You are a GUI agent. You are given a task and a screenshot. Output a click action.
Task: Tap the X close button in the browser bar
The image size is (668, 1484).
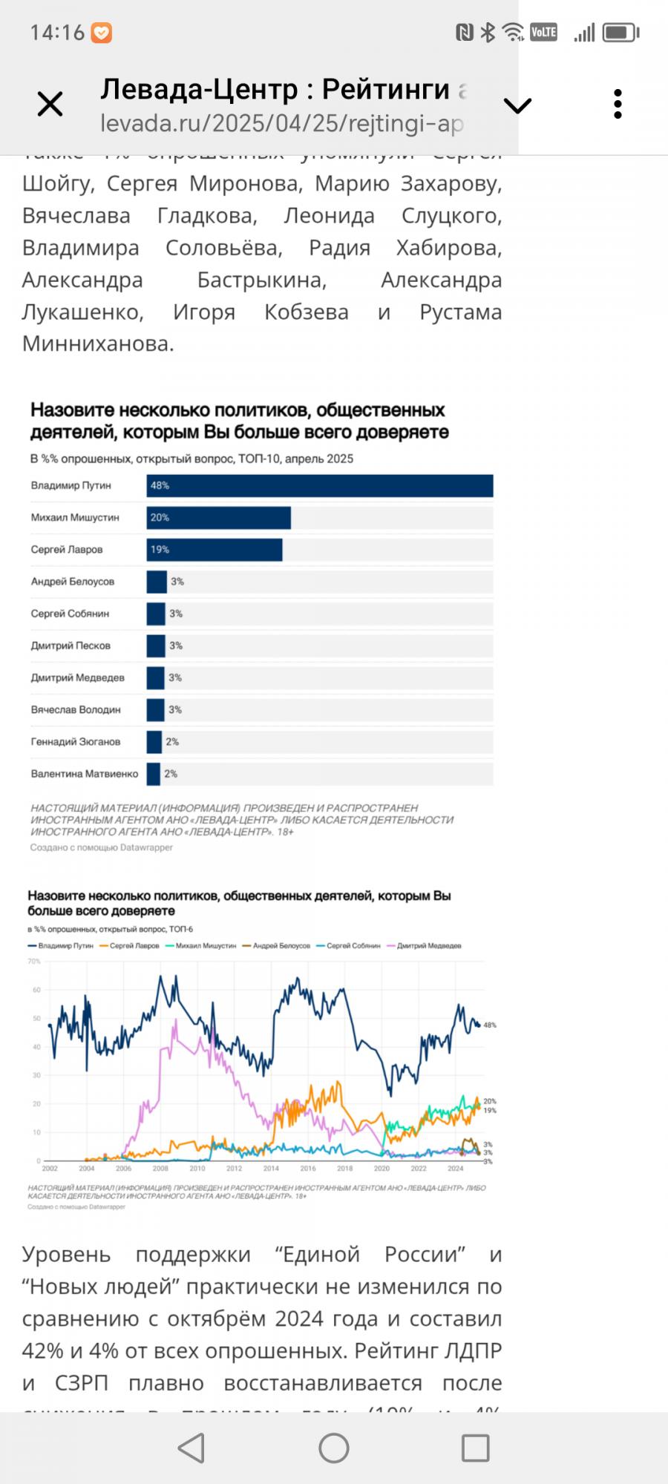[x=50, y=104]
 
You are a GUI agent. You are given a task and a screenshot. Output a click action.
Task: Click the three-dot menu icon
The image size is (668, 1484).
[x=618, y=105]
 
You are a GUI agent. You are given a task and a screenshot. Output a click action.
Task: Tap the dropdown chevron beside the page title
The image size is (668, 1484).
[x=517, y=105]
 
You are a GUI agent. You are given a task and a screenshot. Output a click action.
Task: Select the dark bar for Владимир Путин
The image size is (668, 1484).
[x=319, y=485]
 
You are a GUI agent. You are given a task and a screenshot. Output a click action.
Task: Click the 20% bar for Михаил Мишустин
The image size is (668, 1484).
[x=218, y=517]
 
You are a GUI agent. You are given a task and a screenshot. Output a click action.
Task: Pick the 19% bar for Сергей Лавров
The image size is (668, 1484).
[x=214, y=549]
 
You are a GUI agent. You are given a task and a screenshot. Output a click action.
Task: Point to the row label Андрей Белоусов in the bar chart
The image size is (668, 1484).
[x=73, y=582]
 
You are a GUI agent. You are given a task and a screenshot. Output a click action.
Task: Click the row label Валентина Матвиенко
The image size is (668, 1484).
[x=85, y=774]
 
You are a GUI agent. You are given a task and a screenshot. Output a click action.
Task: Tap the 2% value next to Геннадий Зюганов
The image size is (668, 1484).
[x=172, y=742]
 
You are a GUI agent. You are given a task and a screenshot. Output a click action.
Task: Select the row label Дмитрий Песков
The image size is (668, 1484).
[x=71, y=646]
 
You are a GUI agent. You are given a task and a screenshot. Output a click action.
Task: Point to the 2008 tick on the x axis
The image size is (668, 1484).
[x=160, y=1169]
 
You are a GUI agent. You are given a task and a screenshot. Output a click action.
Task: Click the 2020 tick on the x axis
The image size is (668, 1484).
[x=382, y=1169]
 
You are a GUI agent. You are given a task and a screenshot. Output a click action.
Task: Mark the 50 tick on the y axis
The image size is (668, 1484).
[x=36, y=1019]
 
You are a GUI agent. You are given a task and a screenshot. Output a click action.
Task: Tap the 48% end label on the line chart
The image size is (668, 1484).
[x=490, y=1025]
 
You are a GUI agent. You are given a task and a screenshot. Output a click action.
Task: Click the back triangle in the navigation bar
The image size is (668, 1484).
[x=191, y=1448]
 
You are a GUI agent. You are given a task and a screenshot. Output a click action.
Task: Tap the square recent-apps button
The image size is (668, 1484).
[x=475, y=1448]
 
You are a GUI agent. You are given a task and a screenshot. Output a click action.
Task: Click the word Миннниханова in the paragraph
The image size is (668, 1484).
[x=97, y=344]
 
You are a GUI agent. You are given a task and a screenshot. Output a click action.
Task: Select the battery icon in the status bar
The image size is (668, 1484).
[x=620, y=33]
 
